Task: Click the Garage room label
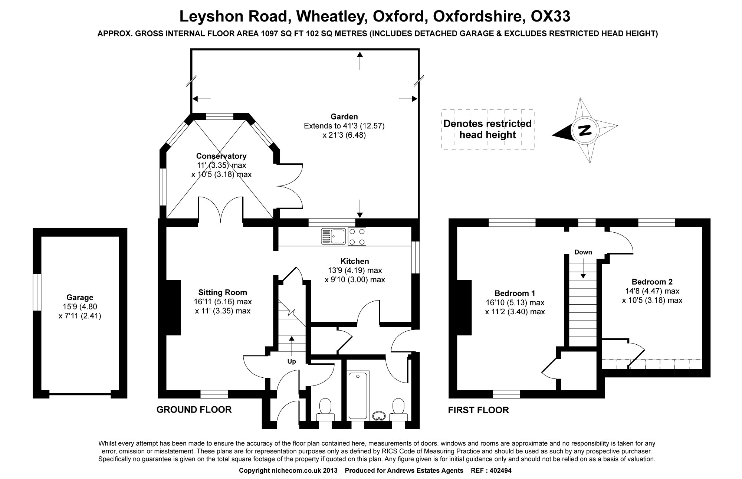tap(80, 297)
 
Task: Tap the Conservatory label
tap(221, 156)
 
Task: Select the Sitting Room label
tap(222, 292)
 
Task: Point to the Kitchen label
tap(355, 261)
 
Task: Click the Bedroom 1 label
tap(515, 293)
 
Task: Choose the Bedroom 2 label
tap(652, 282)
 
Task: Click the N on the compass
tap(585, 131)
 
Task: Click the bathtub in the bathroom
tap(358, 396)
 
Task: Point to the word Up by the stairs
tap(292, 361)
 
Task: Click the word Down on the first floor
tap(583, 252)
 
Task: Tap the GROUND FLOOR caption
tap(194, 410)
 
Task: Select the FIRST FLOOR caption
tap(478, 410)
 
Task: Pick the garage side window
tap(37, 292)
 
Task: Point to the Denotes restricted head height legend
tap(487, 129)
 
